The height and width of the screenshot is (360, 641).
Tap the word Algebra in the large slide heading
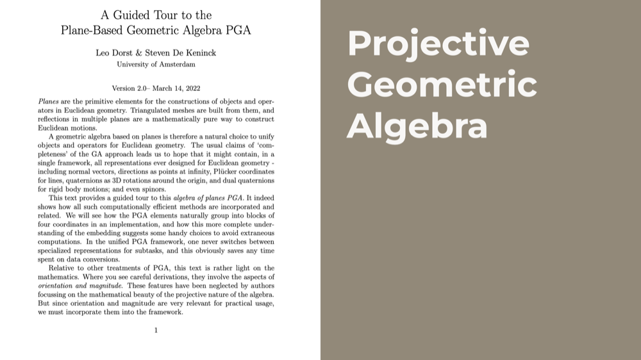tap(417, 125)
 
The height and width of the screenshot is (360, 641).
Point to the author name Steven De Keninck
tap(179, 53)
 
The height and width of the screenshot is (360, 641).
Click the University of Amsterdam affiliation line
tap(156, 64)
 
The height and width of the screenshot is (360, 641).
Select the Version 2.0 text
tap(129, 88)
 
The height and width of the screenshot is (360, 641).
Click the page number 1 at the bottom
tap(156, 330)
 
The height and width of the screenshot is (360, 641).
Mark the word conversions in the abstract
tap(101, 259)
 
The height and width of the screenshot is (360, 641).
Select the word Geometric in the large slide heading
tap(442, 85)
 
